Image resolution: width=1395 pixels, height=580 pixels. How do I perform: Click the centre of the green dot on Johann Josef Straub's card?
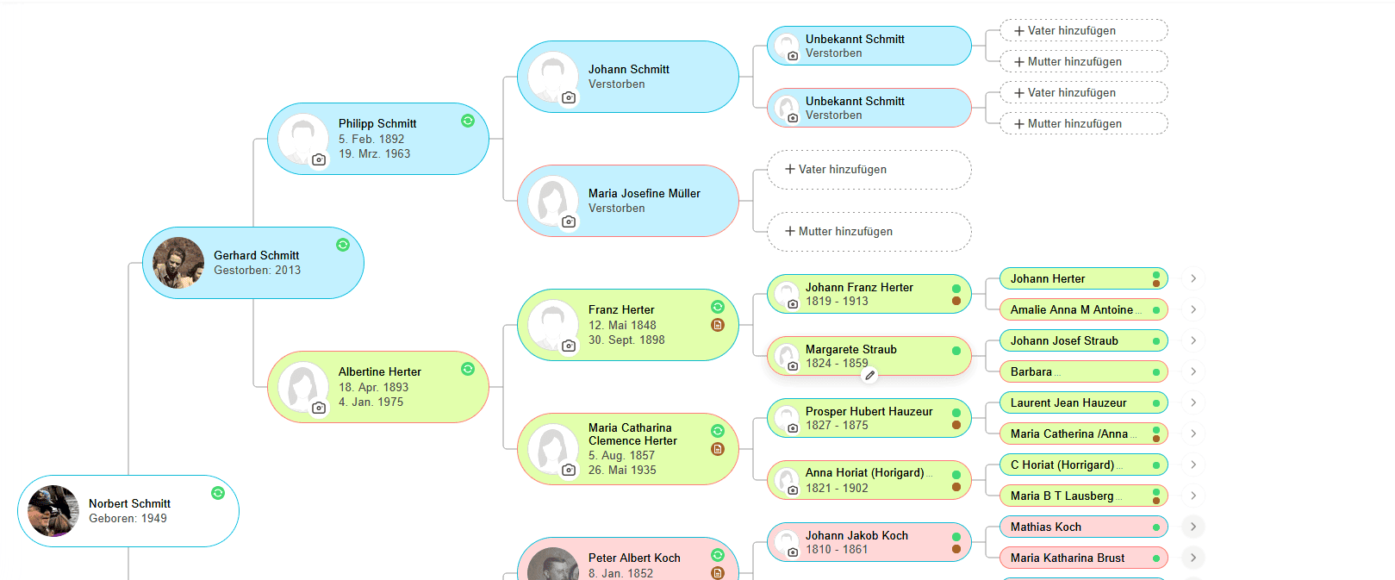1155,341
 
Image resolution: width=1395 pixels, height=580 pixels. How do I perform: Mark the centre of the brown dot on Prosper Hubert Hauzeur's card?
956,425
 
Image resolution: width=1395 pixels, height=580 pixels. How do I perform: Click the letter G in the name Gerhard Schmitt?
218,255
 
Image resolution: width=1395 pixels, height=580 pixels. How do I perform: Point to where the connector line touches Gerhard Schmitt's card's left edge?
143,263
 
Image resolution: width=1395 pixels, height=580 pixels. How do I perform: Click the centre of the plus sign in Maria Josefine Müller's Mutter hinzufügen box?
789,231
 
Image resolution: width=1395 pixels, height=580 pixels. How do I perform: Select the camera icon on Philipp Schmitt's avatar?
319,159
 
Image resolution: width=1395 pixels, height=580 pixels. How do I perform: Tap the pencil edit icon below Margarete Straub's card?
870,375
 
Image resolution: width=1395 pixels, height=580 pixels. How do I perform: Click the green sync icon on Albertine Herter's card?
468,369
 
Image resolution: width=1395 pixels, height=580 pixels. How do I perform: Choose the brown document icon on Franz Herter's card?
718,325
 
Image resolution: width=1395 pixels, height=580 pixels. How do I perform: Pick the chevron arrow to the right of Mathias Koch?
1193,527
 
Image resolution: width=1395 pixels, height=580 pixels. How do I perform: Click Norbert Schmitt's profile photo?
53,511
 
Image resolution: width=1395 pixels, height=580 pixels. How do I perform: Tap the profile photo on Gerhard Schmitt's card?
178,263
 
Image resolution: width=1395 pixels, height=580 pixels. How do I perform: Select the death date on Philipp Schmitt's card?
374,154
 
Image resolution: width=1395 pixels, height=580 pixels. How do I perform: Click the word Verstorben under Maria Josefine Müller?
617,208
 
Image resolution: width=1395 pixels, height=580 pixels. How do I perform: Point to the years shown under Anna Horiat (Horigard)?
837,488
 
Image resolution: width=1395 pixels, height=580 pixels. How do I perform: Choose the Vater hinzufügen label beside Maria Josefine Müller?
842,170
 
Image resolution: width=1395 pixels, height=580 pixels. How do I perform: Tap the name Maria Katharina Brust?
1068,558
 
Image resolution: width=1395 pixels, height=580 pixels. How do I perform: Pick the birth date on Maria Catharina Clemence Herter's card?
621,455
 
